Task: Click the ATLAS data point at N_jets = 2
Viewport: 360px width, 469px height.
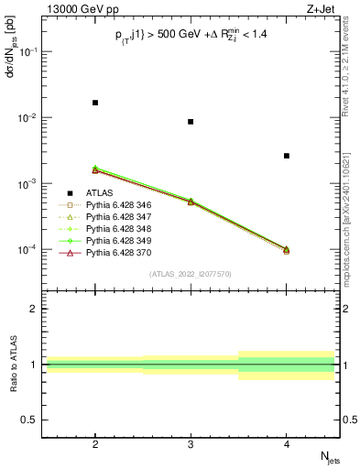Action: click(95, 103)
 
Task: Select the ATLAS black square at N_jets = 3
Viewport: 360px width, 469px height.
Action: click(191, 122)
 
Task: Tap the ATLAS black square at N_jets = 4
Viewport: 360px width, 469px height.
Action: click(287, 156)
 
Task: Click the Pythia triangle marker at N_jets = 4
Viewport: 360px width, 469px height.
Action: click(287, 249)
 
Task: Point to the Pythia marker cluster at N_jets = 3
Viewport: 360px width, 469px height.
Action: click(191, 201)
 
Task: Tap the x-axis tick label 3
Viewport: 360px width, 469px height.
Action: click(191, 442)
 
